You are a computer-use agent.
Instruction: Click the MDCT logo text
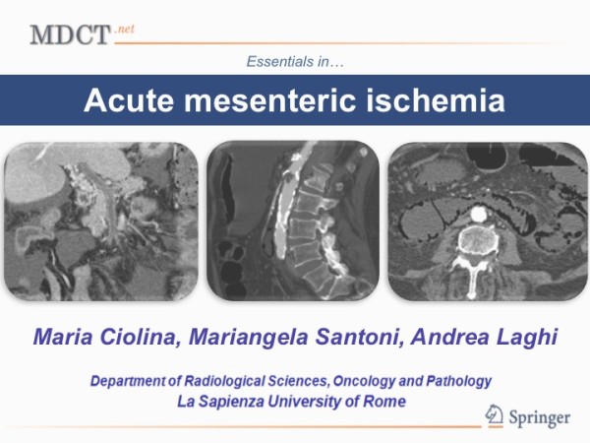(70, 35)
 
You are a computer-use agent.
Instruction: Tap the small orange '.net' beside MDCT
(124, 30)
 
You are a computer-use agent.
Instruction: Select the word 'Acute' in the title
(129, 100)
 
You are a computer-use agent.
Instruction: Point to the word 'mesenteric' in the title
(269, 100)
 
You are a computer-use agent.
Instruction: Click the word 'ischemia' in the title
(436, 100)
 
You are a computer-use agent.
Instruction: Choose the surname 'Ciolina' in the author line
(138, 337)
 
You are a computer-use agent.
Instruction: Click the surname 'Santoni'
(360, 337)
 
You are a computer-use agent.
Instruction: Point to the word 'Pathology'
(458, 381)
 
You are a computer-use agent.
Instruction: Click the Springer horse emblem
(494, 415)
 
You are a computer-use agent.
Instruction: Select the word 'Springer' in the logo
(540, 418)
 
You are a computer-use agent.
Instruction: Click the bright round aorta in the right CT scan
(479, 214)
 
